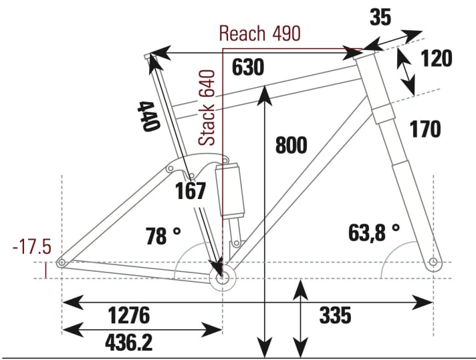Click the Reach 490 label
click(x=259, y=33)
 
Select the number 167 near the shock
click(x=191, y=192)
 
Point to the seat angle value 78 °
click(x=163, y=236)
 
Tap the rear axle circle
click(x=62, y=263)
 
